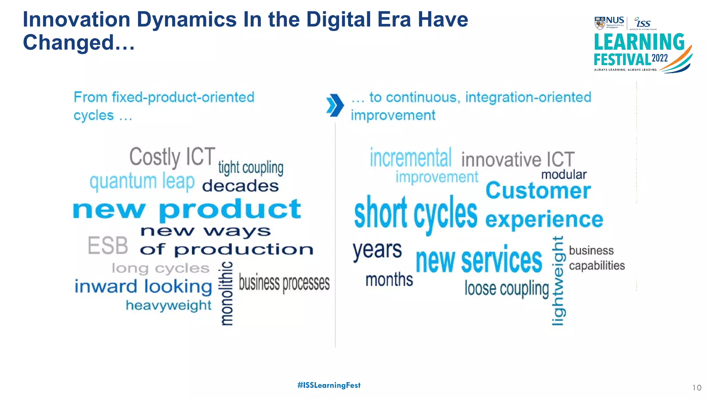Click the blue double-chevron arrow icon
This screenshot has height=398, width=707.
click(x=335, y=105)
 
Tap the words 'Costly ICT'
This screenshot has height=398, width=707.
click(x=172, y=157)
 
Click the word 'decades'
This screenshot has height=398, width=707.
click(x=240, y=186)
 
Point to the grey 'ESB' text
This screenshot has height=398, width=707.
click(x=108, y=246)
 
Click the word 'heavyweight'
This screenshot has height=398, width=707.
click(x=168, y=306)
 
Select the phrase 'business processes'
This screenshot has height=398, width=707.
click(x=284, y=283)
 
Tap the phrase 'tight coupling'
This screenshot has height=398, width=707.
click(x=251, y=168)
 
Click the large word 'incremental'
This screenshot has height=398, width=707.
click(x=410, y=158)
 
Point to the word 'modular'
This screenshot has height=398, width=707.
click(x=564, y=175)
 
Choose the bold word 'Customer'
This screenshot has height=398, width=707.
click(x=538, y=191)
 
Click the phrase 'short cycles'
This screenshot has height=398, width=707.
click(x=416, y=214)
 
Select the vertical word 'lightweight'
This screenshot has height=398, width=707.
click(x=558, y=281)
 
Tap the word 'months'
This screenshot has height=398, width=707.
click(x=389, y=279)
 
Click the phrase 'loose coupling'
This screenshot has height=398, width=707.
click(x=506, y=288)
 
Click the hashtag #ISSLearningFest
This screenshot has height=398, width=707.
click(x=329, y=385)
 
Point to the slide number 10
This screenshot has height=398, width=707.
click(x=697, y=388)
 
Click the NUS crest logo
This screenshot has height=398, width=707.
click(x=600, y=23)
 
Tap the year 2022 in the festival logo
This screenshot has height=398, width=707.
click(x=660, y=58)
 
